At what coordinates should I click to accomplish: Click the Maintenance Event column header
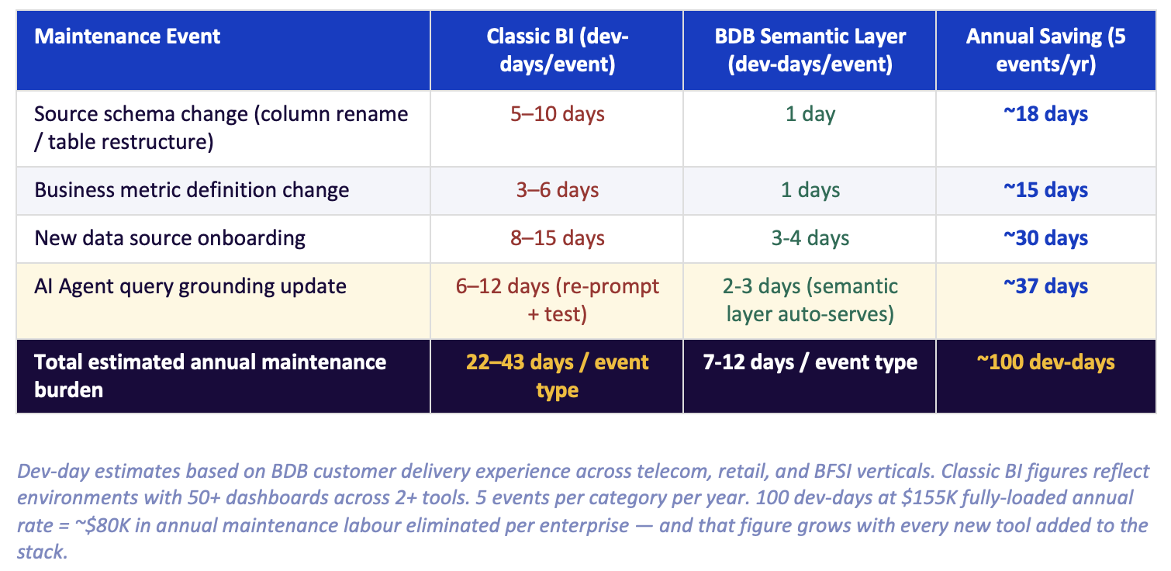pos(128,36)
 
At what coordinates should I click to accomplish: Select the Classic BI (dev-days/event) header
pos(557,50)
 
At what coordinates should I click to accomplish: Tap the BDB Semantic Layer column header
pos(810,50)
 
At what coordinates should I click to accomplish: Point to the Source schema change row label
pos(221,127)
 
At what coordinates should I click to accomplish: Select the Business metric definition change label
pos(192,190)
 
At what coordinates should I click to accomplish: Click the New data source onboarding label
pos(170,237)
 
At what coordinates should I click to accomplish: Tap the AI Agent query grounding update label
pos(190,285)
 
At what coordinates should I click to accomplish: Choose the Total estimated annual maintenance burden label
pos(210,375)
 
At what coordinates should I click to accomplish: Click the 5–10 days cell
pos(557,114)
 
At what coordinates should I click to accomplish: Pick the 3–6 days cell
pos(557,190)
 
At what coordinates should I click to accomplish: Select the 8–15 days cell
pos(557,237)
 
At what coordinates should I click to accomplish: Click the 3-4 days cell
pos(810,237)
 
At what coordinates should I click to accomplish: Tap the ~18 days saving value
pos(1045,114)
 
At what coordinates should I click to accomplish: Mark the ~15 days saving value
pos(1045,190)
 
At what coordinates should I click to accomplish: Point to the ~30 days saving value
pos(1045,237)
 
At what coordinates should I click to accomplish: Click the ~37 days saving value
pos(1045,285)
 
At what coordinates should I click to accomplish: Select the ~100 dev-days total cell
pos(1045,362)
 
